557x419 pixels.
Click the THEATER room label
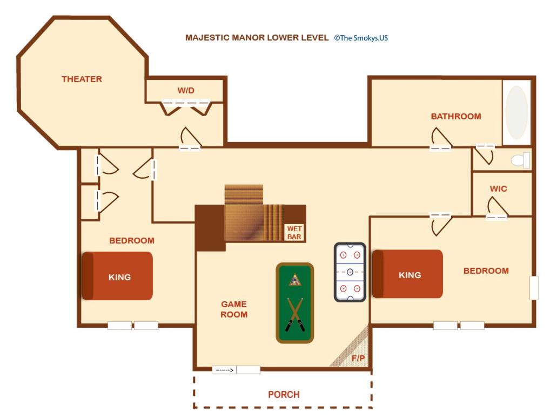(x=82, y=79)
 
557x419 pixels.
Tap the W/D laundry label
(x=186, y=91)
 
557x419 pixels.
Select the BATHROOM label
(x=456, y=116)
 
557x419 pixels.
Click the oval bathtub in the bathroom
(x=516, y=112)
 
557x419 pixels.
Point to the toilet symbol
(x=520, y=160)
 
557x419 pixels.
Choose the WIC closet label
(x=498, y=188)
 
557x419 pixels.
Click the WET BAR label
(x=294, y=233)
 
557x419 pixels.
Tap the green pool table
(x=295, y=303)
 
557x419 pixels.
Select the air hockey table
(x=350, y=272)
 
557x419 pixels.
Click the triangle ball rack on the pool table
(x=294, y=280)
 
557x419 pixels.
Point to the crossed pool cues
(x=295, y=314)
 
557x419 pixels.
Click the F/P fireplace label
(x=358, y=359)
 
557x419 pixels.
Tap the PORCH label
(x=284, y=395)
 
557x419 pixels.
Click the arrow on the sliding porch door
(x=225, y=370)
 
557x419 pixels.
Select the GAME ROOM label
(x=234, y=309)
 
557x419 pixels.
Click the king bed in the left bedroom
(x=117, y=276)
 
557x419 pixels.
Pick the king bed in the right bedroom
(x=407, y=274)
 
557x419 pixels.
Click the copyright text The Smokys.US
(x=361, y=38)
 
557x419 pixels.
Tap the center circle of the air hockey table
(x=350, y=272)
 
